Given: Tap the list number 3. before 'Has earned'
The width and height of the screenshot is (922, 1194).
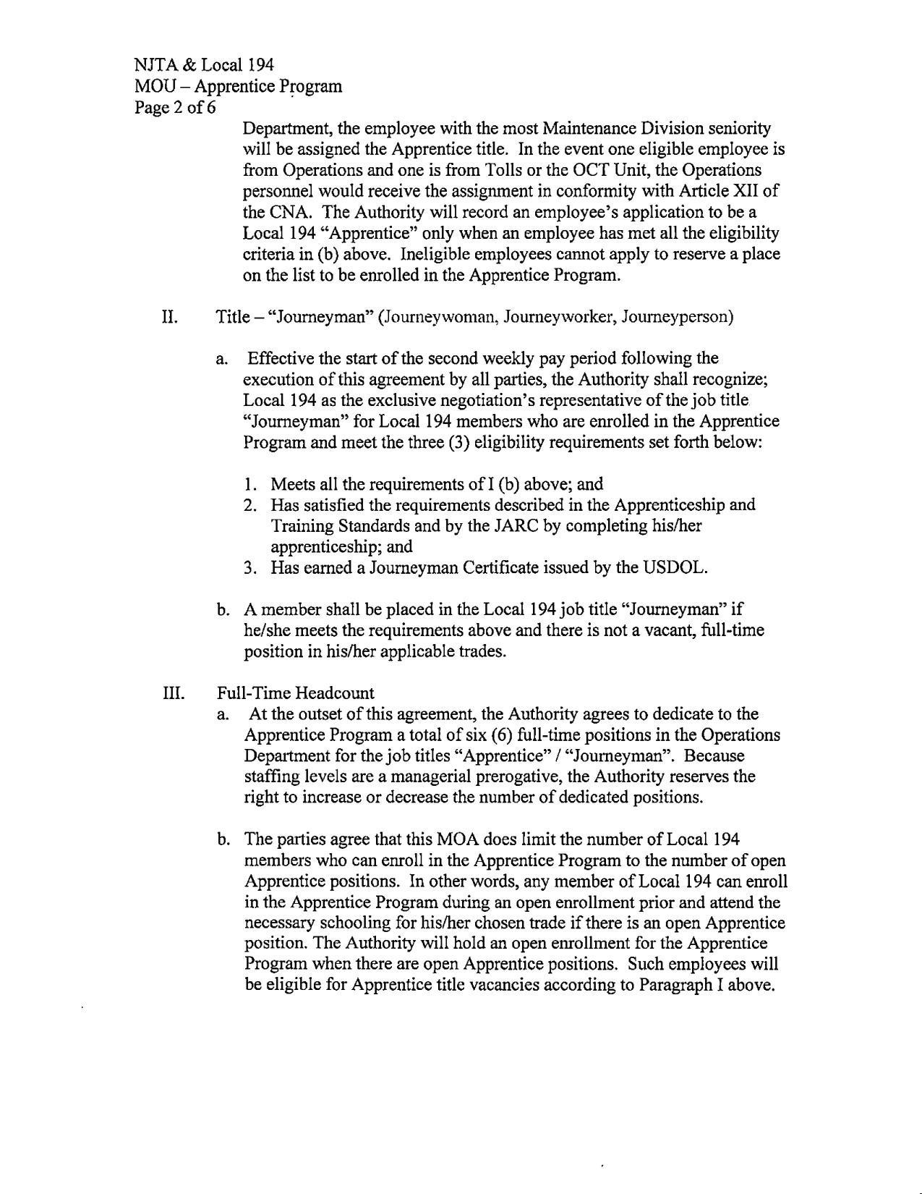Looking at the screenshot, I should (250, 567).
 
